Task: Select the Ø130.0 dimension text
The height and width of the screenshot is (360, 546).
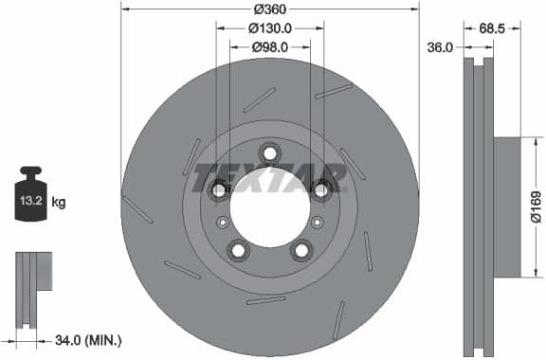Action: click(270, 27)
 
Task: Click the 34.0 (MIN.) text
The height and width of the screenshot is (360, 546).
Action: click(87, 339)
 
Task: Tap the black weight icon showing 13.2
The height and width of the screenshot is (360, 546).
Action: click(31, 196)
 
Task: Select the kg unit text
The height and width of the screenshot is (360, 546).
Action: click(58, 202)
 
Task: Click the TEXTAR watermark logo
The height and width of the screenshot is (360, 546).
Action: click(269, 177)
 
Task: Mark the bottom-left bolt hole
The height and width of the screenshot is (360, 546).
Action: click(238, 250)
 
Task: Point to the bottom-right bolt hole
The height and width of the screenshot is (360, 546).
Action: click(301, 250)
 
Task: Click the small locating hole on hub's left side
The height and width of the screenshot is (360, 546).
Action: click(223, 222)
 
